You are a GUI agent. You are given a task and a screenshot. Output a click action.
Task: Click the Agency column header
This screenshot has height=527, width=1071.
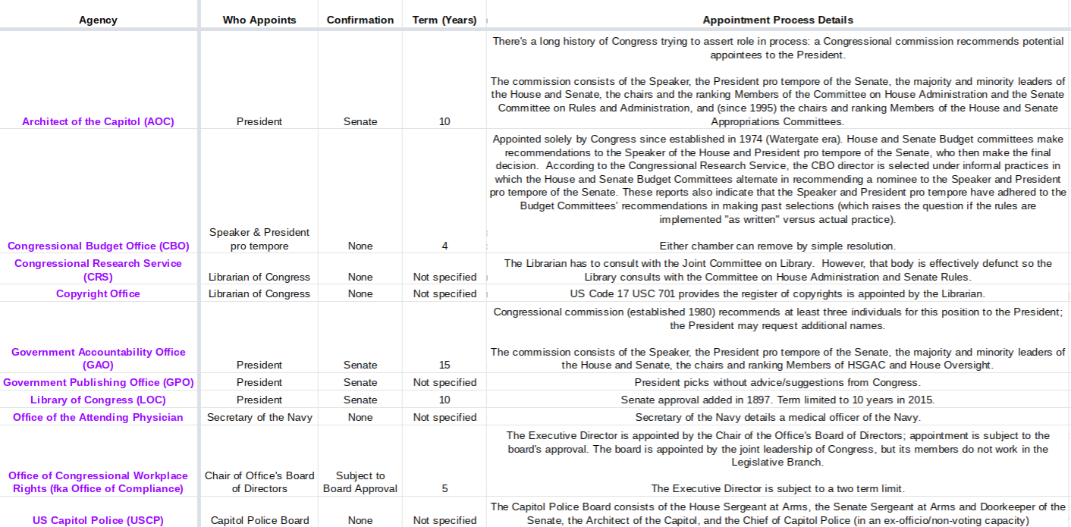tap(98, 20)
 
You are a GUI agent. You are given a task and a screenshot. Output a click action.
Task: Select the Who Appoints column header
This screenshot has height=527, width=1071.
tap(259, 20)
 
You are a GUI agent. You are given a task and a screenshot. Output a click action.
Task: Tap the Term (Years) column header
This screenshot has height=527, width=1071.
tap(444, 20)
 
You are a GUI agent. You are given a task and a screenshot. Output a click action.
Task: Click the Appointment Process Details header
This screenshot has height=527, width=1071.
tap(777, 20)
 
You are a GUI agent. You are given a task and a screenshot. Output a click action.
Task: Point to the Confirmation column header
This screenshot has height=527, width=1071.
tap(360, 20)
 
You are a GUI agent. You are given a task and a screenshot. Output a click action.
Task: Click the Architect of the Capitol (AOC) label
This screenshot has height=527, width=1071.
tap(98, 121)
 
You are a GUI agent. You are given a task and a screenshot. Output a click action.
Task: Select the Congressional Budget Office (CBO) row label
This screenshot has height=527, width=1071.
tap(98, 246)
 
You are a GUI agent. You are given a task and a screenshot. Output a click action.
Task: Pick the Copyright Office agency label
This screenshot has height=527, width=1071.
tap(98, 293)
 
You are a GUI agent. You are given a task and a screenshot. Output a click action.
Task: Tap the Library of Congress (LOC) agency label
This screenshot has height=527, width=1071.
tap(98, 400)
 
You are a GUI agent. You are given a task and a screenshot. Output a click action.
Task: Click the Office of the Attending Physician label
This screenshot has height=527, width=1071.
tap(98, 417)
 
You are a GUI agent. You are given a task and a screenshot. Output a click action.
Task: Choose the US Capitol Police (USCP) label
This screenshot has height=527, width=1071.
tap(98, 520)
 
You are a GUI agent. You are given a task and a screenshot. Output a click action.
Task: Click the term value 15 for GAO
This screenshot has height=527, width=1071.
tap(444, 365)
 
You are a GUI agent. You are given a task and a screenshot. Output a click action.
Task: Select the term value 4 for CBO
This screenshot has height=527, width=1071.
tap(444, 246)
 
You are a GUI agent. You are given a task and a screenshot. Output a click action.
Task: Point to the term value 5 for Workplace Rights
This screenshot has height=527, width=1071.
tap(444, 488)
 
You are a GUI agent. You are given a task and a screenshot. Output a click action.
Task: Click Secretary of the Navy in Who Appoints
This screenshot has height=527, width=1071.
tap(259, 417)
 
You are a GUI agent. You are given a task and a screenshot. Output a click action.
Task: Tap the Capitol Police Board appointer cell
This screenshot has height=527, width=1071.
tap(259, 520)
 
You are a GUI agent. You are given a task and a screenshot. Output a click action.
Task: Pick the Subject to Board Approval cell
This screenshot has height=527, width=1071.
tap(360, 482)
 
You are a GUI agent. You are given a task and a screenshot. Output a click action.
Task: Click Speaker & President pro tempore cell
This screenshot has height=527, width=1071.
tap(259, 239)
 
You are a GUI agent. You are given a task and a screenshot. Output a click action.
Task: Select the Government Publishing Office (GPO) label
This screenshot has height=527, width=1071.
tap(98, 382)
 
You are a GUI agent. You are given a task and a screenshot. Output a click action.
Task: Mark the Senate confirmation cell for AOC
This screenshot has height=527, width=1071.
tap(360, 121)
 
